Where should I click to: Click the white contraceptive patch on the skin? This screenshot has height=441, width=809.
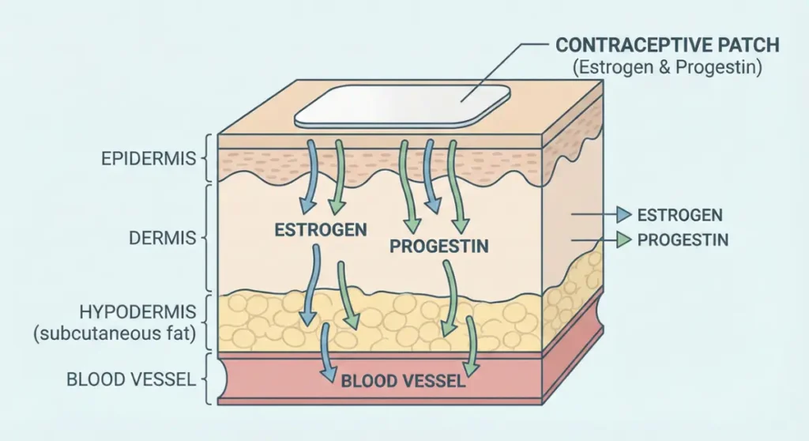pos(402,106)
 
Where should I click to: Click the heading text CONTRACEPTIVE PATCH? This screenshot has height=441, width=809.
pos(667,45)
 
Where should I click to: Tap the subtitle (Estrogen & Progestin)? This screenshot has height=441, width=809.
pos(667,67)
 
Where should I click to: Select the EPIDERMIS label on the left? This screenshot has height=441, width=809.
pos(149,159)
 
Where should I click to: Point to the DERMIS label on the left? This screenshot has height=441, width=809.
pos(163,238)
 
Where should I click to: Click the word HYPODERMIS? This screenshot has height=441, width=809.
pos(137,312)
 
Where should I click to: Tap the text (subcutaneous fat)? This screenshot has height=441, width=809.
pos(115,334)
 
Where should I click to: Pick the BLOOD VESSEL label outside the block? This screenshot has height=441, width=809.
pos(131,379)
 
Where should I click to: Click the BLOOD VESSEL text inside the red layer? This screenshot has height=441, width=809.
pos(404,381)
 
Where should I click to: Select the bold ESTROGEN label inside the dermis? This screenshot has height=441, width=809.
pos(321,229)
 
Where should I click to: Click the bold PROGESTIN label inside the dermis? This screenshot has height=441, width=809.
pos(439,246)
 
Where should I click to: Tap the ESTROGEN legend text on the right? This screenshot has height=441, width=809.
pos(680,215)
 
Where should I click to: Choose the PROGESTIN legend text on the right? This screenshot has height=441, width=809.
pos(683,239)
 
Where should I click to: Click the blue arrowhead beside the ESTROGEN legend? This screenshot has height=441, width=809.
pos(624,214)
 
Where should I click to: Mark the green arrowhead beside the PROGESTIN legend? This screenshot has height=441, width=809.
pos(624,239)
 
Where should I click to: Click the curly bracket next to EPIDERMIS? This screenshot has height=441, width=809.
pos(206,158)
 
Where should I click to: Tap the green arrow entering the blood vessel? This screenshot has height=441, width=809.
pos(471,346)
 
